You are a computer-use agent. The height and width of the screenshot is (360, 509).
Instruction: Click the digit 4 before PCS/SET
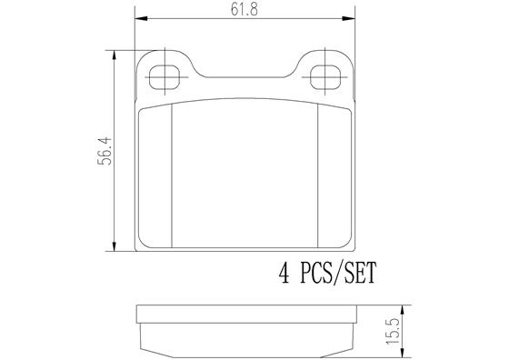tap(284, 272)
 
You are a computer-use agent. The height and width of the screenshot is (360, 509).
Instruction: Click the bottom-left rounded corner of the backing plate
tap(138, 245)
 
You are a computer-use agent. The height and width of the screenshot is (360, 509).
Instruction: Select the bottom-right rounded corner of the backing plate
tap(349, 245)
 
